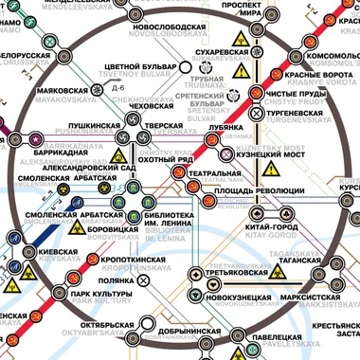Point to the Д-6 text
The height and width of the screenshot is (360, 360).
click(x=117, y=88)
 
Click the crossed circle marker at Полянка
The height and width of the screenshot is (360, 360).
click(x=143, y=280)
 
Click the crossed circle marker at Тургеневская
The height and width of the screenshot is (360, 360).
click(x=257, y=113)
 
